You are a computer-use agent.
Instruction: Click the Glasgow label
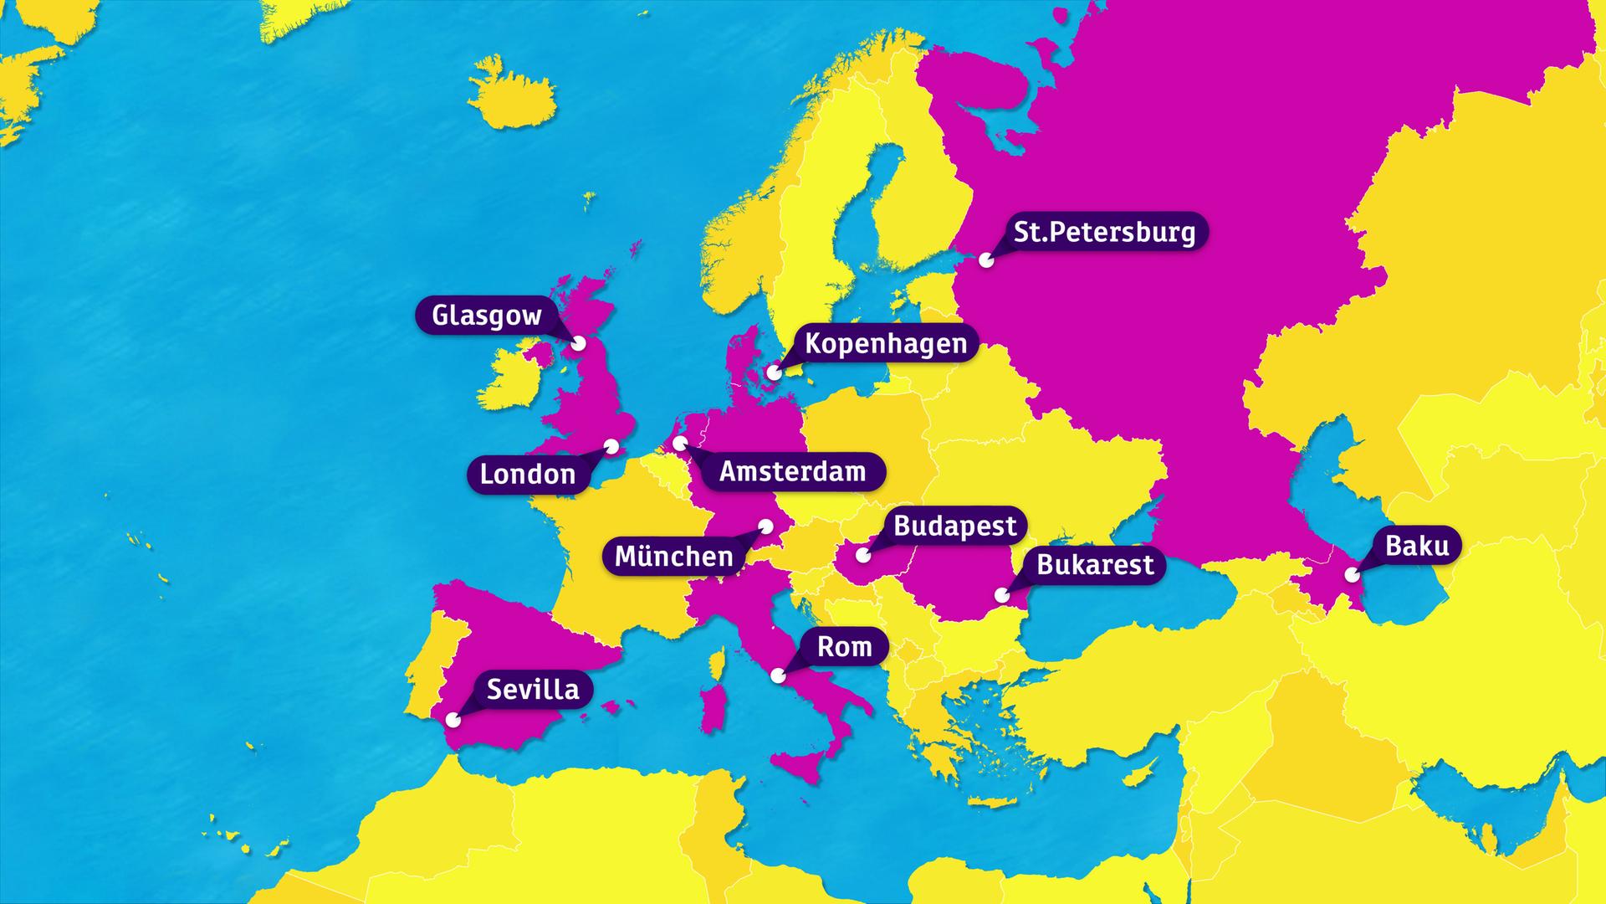click(x=486, y=316)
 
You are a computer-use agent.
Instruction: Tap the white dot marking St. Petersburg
click(x=987, y=260)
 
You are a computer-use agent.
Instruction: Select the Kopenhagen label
click(x=885, y=343)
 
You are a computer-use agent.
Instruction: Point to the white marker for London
click(x=611, y=446)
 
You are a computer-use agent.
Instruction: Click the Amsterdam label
click(x=792, y=471)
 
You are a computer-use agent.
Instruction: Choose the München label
click(x=673, y=556)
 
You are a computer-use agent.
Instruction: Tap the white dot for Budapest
click(x=862, y=554)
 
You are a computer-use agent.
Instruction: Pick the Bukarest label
click(x=1095, y=565)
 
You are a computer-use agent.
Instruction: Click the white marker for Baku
click(x=1352, y=575)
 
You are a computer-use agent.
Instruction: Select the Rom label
click(x=844, y=646)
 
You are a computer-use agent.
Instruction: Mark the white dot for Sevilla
click(x=453, y=719)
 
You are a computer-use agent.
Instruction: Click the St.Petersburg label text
click(x=1104, y=232)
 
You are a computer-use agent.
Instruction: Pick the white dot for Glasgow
click(x=578, y=343)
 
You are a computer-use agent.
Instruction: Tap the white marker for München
click(x=765, y=526)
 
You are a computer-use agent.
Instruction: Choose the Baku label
click(x=1417, y=546)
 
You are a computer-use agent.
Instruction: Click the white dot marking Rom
click(x=778, y=675)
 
